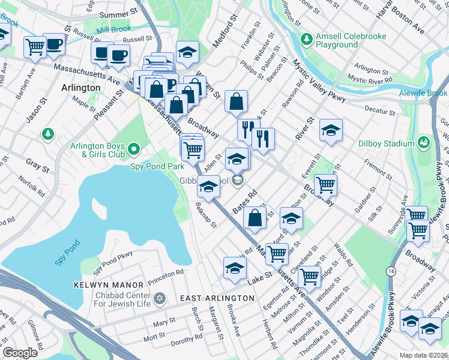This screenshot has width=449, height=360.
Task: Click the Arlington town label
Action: pos(81,88)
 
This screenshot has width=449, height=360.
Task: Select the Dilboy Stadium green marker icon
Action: pos(424,143)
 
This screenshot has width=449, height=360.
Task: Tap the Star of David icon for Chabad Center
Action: pos(159,298)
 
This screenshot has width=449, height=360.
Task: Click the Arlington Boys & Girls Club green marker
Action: pos(134,148)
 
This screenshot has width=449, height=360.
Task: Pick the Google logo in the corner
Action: pos(20,353)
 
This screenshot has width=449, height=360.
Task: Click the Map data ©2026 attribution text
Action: pos(423,355)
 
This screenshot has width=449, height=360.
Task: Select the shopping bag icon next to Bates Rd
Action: pos(255,218)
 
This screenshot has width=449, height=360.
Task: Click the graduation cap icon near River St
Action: pos(331,131)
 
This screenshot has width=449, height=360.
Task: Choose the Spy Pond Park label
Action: pos(157,166)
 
